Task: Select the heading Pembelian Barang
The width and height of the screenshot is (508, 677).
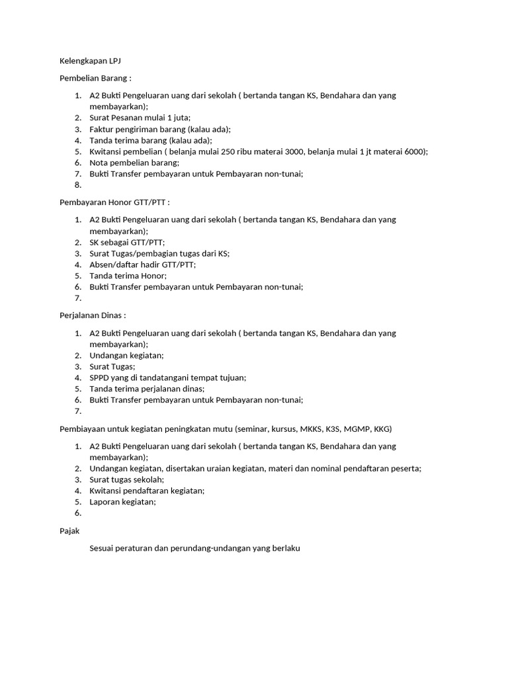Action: click(95, 78)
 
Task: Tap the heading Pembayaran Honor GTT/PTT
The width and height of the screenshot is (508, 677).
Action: click(114, 202)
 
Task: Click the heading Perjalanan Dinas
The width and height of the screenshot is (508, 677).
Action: click(92, 315)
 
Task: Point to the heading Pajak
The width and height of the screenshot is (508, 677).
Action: click(69, 530)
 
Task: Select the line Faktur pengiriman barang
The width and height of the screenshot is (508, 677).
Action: click(159, 129)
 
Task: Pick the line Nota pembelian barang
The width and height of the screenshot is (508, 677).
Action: click(134, 163)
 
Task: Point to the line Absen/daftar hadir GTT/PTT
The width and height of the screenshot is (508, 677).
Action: click(142, 264)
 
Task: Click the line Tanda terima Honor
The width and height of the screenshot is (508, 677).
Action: click(128, 276)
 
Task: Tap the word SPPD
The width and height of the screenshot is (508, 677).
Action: click(99, 378)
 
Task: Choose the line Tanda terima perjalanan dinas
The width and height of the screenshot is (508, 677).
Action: click(147, 389)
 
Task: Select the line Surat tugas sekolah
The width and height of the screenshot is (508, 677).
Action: click(126, 479)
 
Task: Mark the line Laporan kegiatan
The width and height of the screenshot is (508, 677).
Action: click(122, 502)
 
